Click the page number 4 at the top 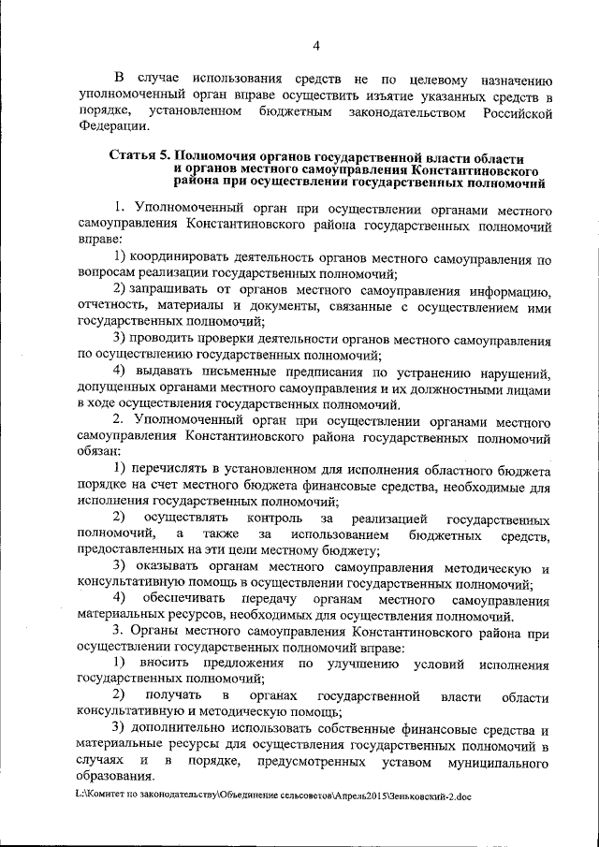(x=316, y=46)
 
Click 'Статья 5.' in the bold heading (x=141, y=157)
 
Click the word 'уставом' (x=404, y=763)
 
